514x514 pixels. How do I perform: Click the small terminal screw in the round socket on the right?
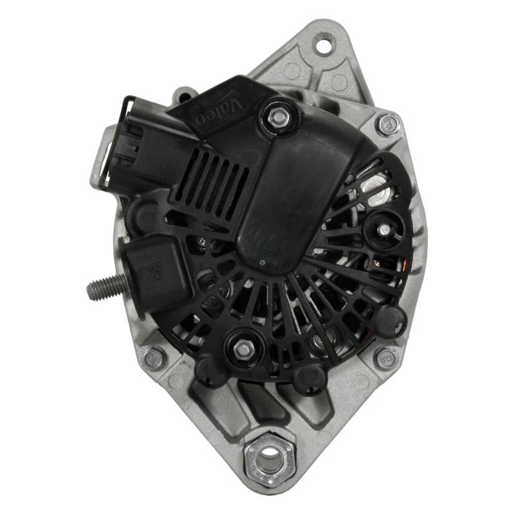384,228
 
